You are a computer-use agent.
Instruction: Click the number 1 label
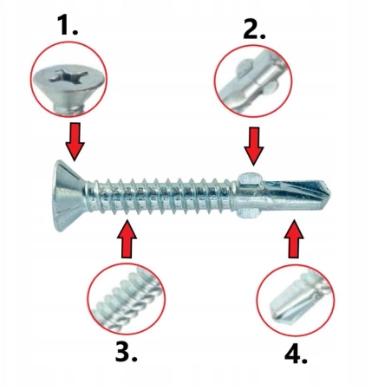click(68, 25)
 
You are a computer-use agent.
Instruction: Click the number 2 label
click(254, 29)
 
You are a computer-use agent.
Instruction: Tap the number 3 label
click(126, 351)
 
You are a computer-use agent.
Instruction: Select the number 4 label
click(296, 354)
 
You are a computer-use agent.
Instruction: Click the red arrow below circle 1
click(75, 141)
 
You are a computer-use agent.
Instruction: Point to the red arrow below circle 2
click(254, 146)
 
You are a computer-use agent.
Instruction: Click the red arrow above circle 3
click(127, 238)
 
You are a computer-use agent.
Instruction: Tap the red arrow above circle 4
click(294, 238)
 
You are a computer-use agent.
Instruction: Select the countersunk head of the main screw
click(70, 196)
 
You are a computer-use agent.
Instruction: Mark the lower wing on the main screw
click(249, 213)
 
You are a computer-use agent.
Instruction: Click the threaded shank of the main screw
click(160, 197)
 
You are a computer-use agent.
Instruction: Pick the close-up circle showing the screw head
click(68, 79)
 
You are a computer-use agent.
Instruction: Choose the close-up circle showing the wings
click(253, 81)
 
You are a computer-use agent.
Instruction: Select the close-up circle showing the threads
click(126, 298)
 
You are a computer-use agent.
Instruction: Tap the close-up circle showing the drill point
click(296, 300)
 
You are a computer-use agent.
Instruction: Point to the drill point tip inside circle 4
click(274, 315)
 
